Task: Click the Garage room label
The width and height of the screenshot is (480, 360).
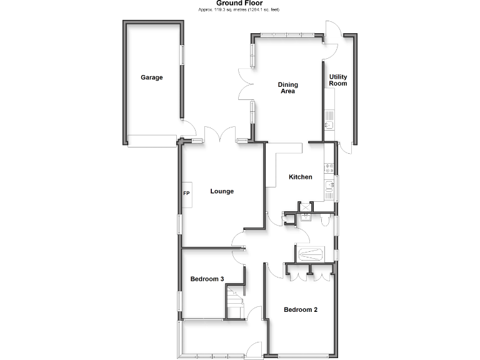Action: (x=151, y=77)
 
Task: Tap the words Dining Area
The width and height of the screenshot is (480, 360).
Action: (x=287, y=87)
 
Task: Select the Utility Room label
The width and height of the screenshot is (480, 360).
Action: (x=338, y=80)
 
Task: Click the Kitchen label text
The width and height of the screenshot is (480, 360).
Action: (x=300, y=177)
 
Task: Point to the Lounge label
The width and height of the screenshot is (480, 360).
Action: (x=222, y=191)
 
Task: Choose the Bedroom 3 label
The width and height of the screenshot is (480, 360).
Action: (x=207, y=279)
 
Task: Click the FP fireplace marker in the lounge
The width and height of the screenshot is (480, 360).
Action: (x=186, y=193)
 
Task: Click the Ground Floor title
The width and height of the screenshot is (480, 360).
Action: (x=240, y=3)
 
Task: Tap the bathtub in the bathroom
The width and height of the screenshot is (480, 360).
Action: (x=310, y=254)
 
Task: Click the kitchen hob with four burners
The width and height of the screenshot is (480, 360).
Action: (x=329, y=167)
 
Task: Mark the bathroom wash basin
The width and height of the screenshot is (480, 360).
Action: (x=306, y=216)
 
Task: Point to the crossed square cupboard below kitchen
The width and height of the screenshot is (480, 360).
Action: (x=305, y=206)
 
